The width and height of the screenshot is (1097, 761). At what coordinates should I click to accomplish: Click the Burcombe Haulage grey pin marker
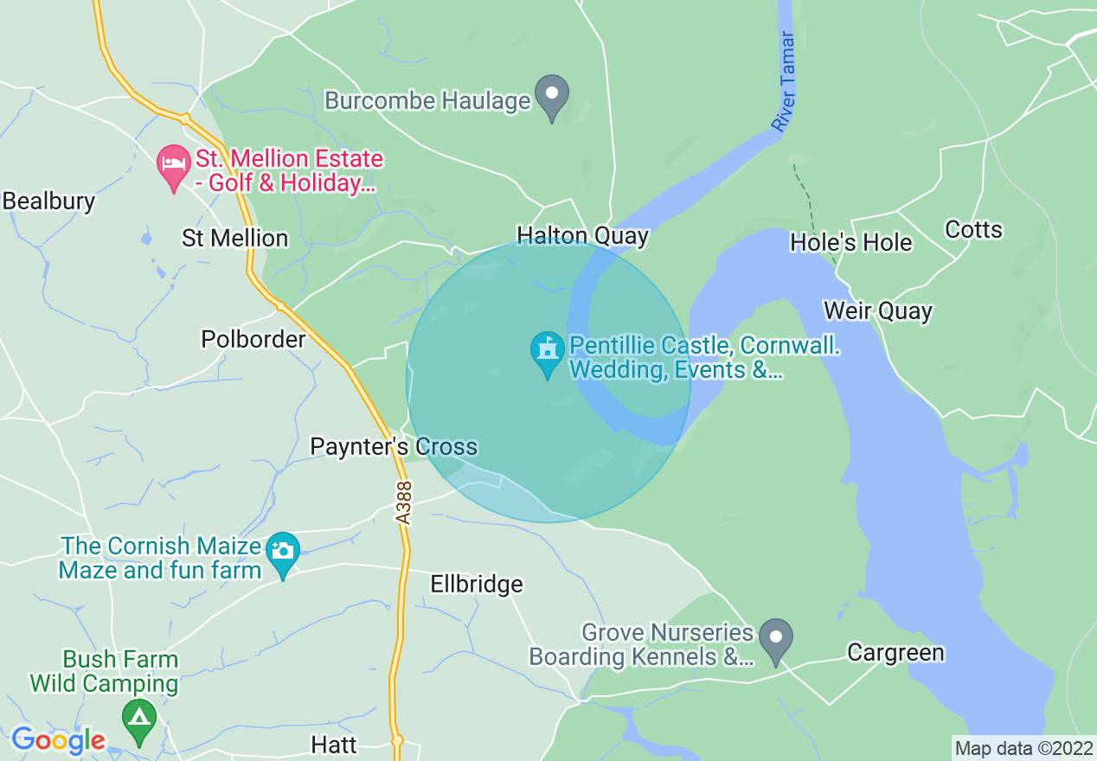pyautogui.click(x=552, y=96)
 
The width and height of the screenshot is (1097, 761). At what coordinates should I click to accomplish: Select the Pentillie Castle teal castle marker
pyautogui.click(x=547, y=353)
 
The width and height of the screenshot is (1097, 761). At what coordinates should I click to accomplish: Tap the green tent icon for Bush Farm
pyautogui.click(x=138, y=719)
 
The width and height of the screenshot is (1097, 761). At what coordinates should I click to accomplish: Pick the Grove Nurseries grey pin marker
pyautogui.click(x=776, y=640)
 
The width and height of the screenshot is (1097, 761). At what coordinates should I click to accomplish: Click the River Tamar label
pyautogui.click(x=784, y=82)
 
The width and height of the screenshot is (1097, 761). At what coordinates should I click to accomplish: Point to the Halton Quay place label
pyautogui.click(x=582, y=236)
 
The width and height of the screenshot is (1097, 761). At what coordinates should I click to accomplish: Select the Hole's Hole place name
pyautogui.click(x=850, y=243)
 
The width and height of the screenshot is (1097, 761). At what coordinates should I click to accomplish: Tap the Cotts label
pyautogui.click(x=973, y=230)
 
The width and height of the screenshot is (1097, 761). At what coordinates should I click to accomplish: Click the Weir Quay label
pyautogui.click(x=878, y=311)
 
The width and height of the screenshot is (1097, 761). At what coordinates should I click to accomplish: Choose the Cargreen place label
pyautogui.click(x=895, y=652)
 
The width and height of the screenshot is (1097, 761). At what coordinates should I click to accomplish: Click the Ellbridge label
pyautogui.click(x=477, y=585)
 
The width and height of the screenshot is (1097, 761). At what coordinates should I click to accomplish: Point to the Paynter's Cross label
pyautogui.click(x=394, y=447)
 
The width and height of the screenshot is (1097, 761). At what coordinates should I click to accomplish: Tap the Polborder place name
pyautogui.click(x=253, y=339)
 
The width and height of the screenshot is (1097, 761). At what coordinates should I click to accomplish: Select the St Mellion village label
pyautogui.click(x=234, y=239)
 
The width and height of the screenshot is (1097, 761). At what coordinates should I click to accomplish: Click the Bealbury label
pyautogui.click(x=48, y=201)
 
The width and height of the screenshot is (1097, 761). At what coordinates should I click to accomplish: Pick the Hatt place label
pyautogui.click(x=334, y=745)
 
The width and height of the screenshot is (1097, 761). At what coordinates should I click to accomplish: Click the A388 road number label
pyautogui.click(x=404, y=502)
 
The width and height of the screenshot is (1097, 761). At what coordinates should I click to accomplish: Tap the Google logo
pyautogui.click(x=58, y=741)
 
